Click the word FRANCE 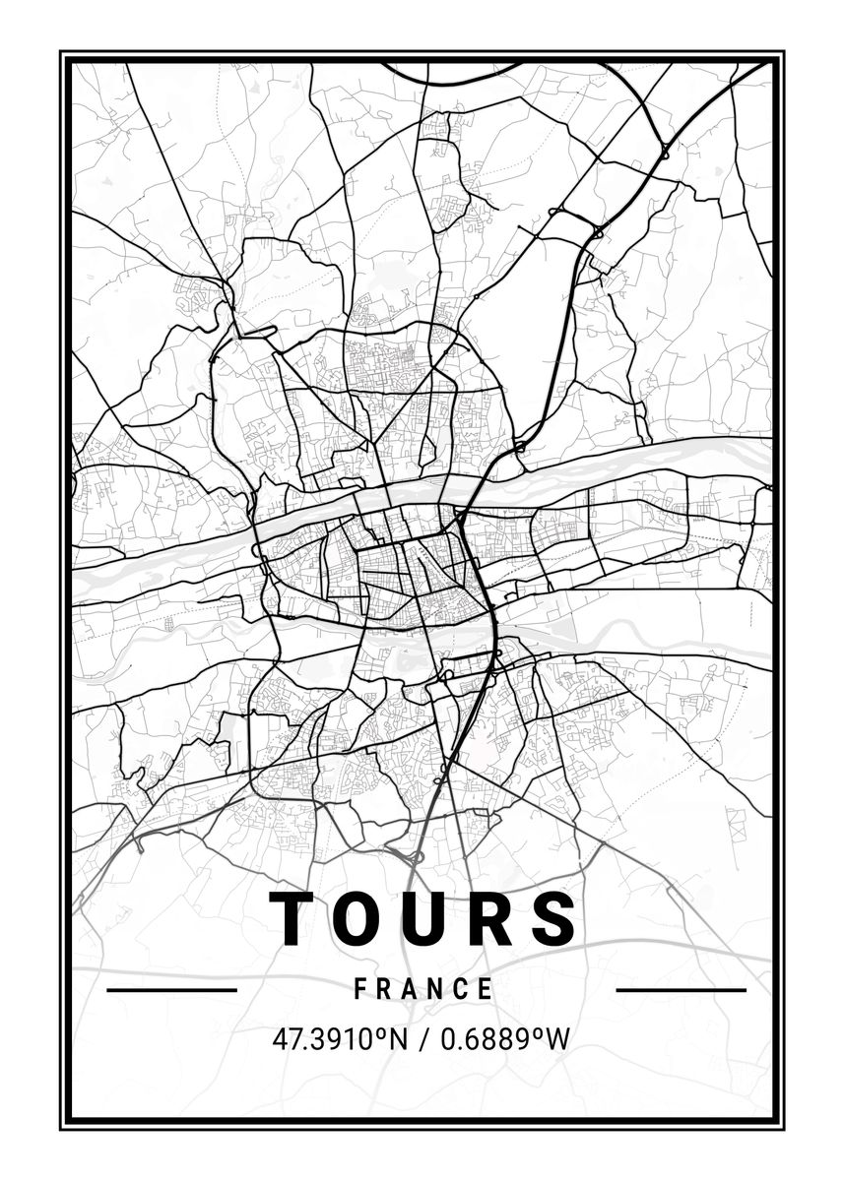[x=423, y=989]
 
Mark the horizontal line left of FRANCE [x=171, y=989]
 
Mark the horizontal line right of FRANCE [x=681, y=989]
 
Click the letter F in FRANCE [x=360, y=989]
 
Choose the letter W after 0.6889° [x=558, y=1039]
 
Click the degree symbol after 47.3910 [x=378, y=1032]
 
